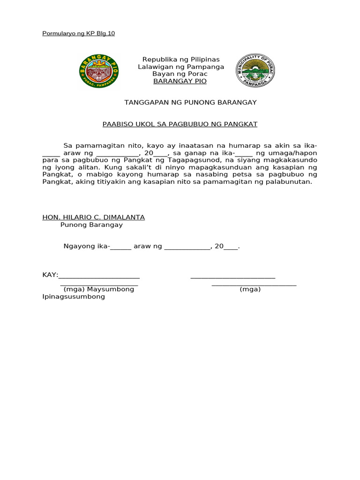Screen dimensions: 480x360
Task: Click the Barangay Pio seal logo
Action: click(99, 71)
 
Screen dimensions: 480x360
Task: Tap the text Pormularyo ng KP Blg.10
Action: click(78, 33)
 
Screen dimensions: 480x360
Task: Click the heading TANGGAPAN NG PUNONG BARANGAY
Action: click(190, 102)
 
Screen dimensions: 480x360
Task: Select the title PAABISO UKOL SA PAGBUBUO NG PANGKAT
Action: click(180, 124)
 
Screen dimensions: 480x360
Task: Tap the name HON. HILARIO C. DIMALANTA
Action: click(93, 217)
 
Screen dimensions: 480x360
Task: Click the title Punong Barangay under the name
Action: click(91, 225)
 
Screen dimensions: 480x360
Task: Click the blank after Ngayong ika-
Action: click(121, 247)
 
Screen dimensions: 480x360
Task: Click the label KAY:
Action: click(50, 275)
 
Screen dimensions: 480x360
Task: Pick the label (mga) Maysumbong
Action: click(99, 289)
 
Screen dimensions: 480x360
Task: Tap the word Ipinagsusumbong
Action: click(74, 297)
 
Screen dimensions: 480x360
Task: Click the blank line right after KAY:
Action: click(99, 276)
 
